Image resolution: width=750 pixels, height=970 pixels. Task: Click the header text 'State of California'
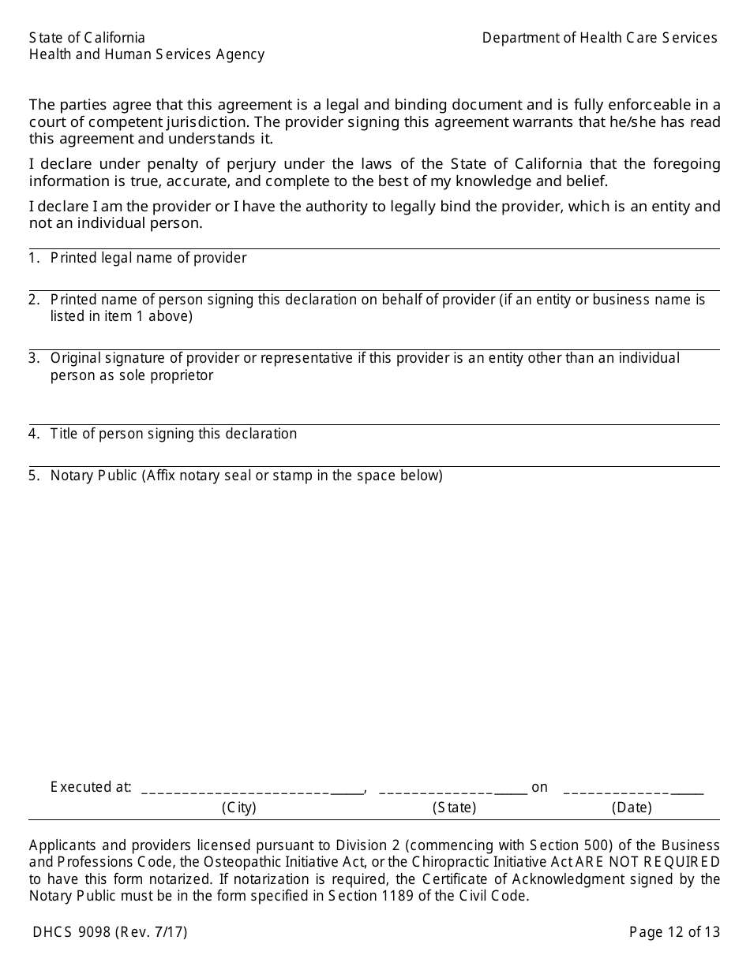coord(87,38)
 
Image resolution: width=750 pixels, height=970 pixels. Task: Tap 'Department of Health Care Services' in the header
coord(600,38)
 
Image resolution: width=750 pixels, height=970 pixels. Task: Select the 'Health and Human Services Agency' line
coord(147,54)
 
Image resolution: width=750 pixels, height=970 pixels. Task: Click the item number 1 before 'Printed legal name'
coord(34,258)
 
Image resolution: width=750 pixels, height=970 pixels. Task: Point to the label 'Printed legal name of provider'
coord(148,258)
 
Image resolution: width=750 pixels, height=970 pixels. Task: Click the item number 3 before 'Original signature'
coord(34,358)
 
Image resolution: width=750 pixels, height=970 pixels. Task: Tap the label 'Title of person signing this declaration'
coord(174,434)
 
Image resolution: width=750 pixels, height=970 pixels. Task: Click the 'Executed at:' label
coord(91,787)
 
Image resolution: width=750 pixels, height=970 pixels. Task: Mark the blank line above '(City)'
coord(253,789)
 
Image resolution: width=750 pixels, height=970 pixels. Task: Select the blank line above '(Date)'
coord(633,789)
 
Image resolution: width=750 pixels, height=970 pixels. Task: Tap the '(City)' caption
coord(239,808)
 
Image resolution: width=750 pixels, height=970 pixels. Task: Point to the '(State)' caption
coord(455,808)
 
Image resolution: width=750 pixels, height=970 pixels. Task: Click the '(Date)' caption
coord(632,808)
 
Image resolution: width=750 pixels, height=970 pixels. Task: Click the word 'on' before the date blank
coord(539,787)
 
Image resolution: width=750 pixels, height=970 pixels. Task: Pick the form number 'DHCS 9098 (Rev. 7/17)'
coord(111,932)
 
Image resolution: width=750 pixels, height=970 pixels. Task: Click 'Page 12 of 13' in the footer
coord(674,932)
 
